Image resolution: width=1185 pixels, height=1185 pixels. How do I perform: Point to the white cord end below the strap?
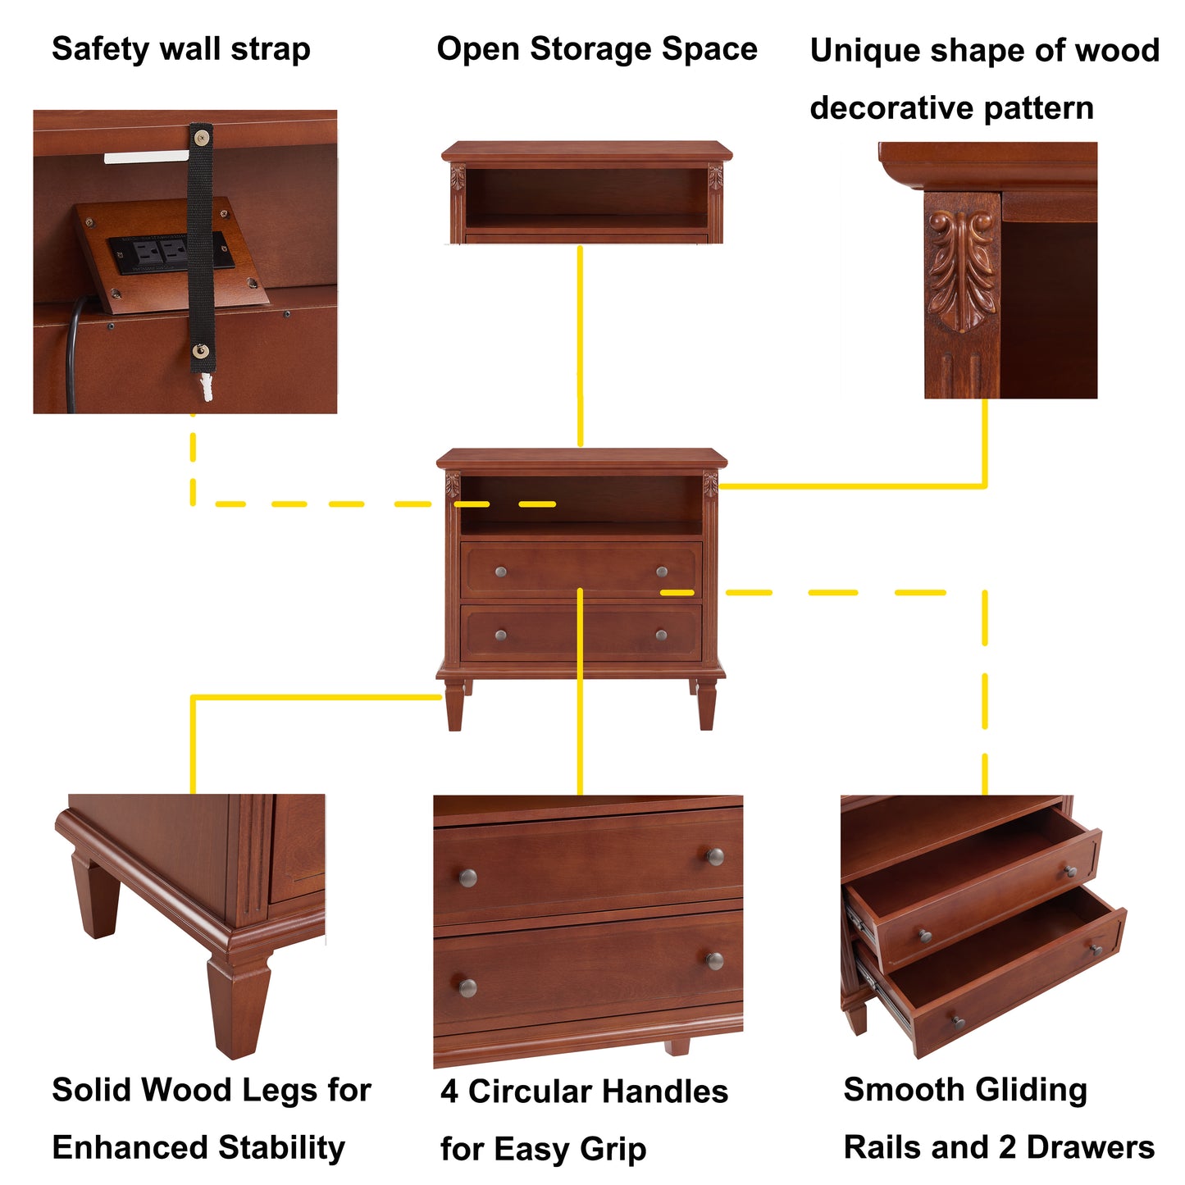(x=207, y=386)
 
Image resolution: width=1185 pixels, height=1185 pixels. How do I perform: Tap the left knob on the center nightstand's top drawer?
(x=500, y=572)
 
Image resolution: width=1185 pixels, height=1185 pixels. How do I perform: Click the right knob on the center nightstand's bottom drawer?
(x=661, y=635)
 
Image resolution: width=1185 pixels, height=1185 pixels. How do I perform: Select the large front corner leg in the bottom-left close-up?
(x=238, y=1005)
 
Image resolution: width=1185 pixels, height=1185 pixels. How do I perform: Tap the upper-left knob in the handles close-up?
(x=468, y=878)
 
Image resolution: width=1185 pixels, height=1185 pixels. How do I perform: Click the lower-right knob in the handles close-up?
(x=715, y=960)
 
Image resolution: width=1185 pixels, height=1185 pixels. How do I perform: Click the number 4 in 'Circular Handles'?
(x=449, y=1092)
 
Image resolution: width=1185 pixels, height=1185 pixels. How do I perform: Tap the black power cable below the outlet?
(x=72, y=353)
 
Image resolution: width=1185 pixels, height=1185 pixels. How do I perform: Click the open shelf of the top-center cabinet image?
(x=586, y=197)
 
